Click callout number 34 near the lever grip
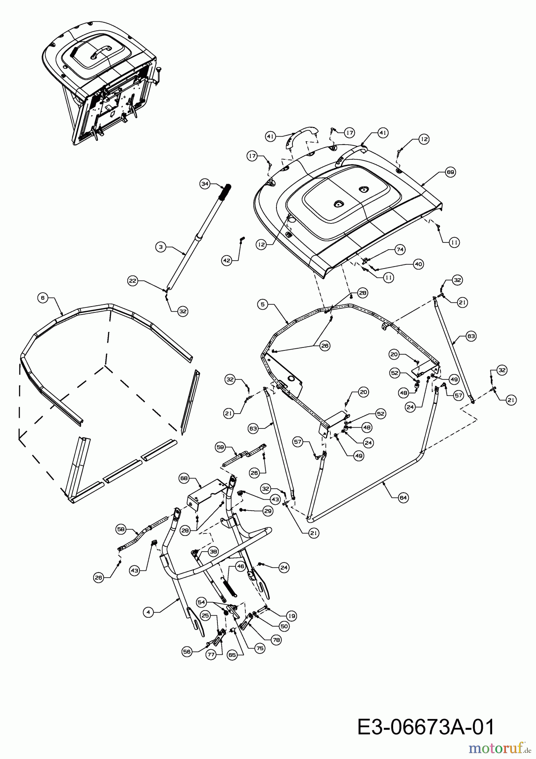coord(205,183)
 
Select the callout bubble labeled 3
coord(161,248)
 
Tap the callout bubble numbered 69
coord(450,172)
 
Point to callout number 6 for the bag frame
coord(42,298)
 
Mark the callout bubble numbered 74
coord(400,250)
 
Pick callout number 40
coord(418,264)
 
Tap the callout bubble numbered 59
coord(220,447)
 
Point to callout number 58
coord(121,528)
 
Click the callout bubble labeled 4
coord(148,613)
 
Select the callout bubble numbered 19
coord(292,616)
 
